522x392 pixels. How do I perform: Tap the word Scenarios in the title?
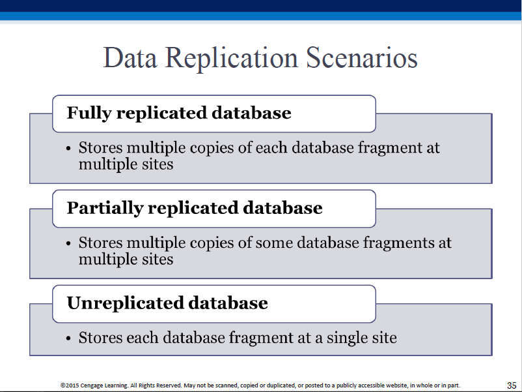tap(361, 57)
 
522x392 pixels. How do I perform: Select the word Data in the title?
tap(130, 57)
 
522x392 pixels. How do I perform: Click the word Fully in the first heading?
tap(89, 113)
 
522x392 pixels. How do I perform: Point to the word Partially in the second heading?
tap(105, 209)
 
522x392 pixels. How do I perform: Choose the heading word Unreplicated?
tap(125, 303)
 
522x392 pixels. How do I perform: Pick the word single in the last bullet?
tap(346, 339)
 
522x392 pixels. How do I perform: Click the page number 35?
tap(512, 385)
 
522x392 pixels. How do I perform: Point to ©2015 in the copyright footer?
tap(70, 385)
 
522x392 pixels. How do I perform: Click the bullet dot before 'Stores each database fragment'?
tap(68, 339)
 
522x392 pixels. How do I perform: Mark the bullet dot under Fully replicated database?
tap(68, 149)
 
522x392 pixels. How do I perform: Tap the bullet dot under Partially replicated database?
tap(68, 243)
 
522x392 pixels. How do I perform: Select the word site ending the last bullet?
tap(384, 338)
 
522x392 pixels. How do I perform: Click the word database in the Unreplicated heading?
tap(228, 303)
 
